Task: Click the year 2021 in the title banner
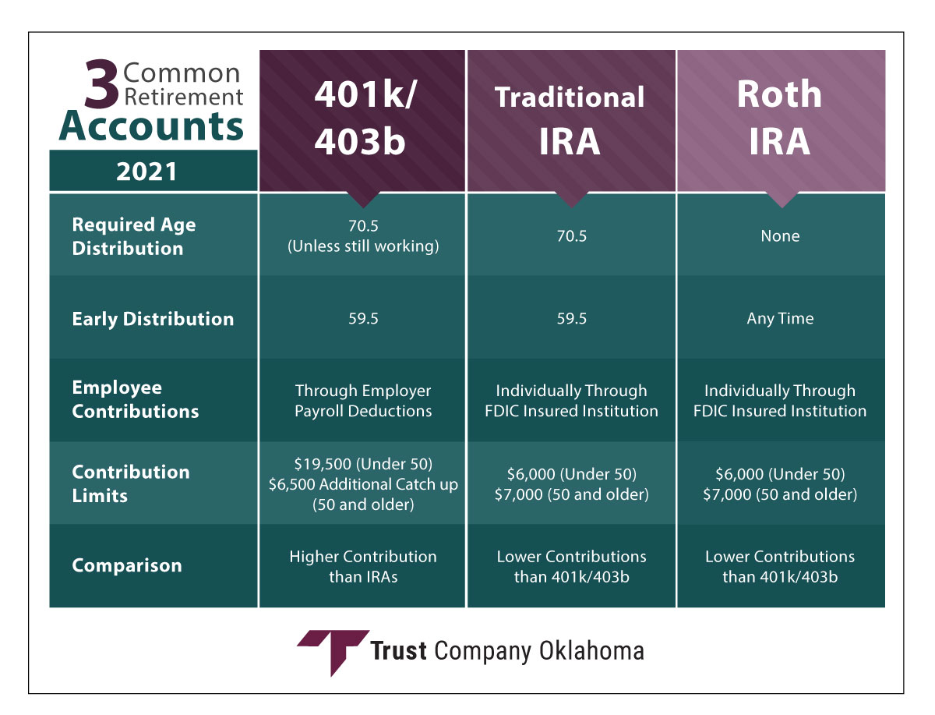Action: pos(146,172)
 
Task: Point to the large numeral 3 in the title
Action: pos(101,83)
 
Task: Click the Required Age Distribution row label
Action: pos(134,236)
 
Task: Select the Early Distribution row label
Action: pos(153,319)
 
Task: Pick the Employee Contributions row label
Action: pos(136,399)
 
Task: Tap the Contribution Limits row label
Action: pos(131,483)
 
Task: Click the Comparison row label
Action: pos(127,565)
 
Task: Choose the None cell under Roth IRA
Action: pos(780,235)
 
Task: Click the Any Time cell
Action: pos(780,319)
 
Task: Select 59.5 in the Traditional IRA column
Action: pos(572,318)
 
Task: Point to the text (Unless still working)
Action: pos(363,246)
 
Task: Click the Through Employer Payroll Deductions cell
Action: pos(363,401)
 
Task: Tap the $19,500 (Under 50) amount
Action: pos(363,464)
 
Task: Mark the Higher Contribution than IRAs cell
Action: pos(363,566)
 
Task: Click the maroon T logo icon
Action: pos(333,652)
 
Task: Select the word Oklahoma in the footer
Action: pos(591,651)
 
